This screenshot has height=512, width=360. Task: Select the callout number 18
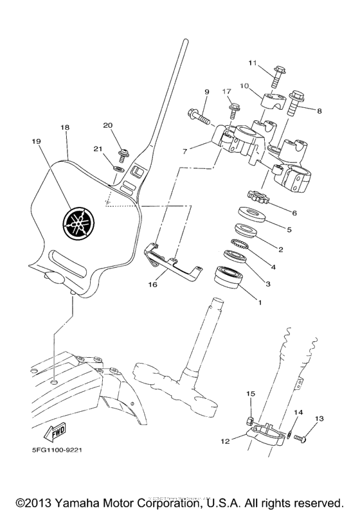pos(64,128)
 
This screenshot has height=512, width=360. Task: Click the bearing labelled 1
pos(230,281)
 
